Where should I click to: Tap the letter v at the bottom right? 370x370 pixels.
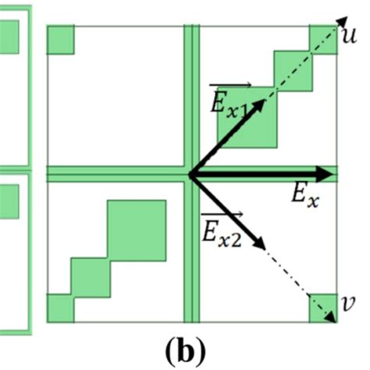pos(348,302)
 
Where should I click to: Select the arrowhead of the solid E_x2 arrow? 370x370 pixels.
pos(263,239)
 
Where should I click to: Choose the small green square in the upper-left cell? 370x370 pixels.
pos(60,40)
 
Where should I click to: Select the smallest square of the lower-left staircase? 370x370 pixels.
pos(59,308)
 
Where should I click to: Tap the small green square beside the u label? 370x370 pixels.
pos(322,39)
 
